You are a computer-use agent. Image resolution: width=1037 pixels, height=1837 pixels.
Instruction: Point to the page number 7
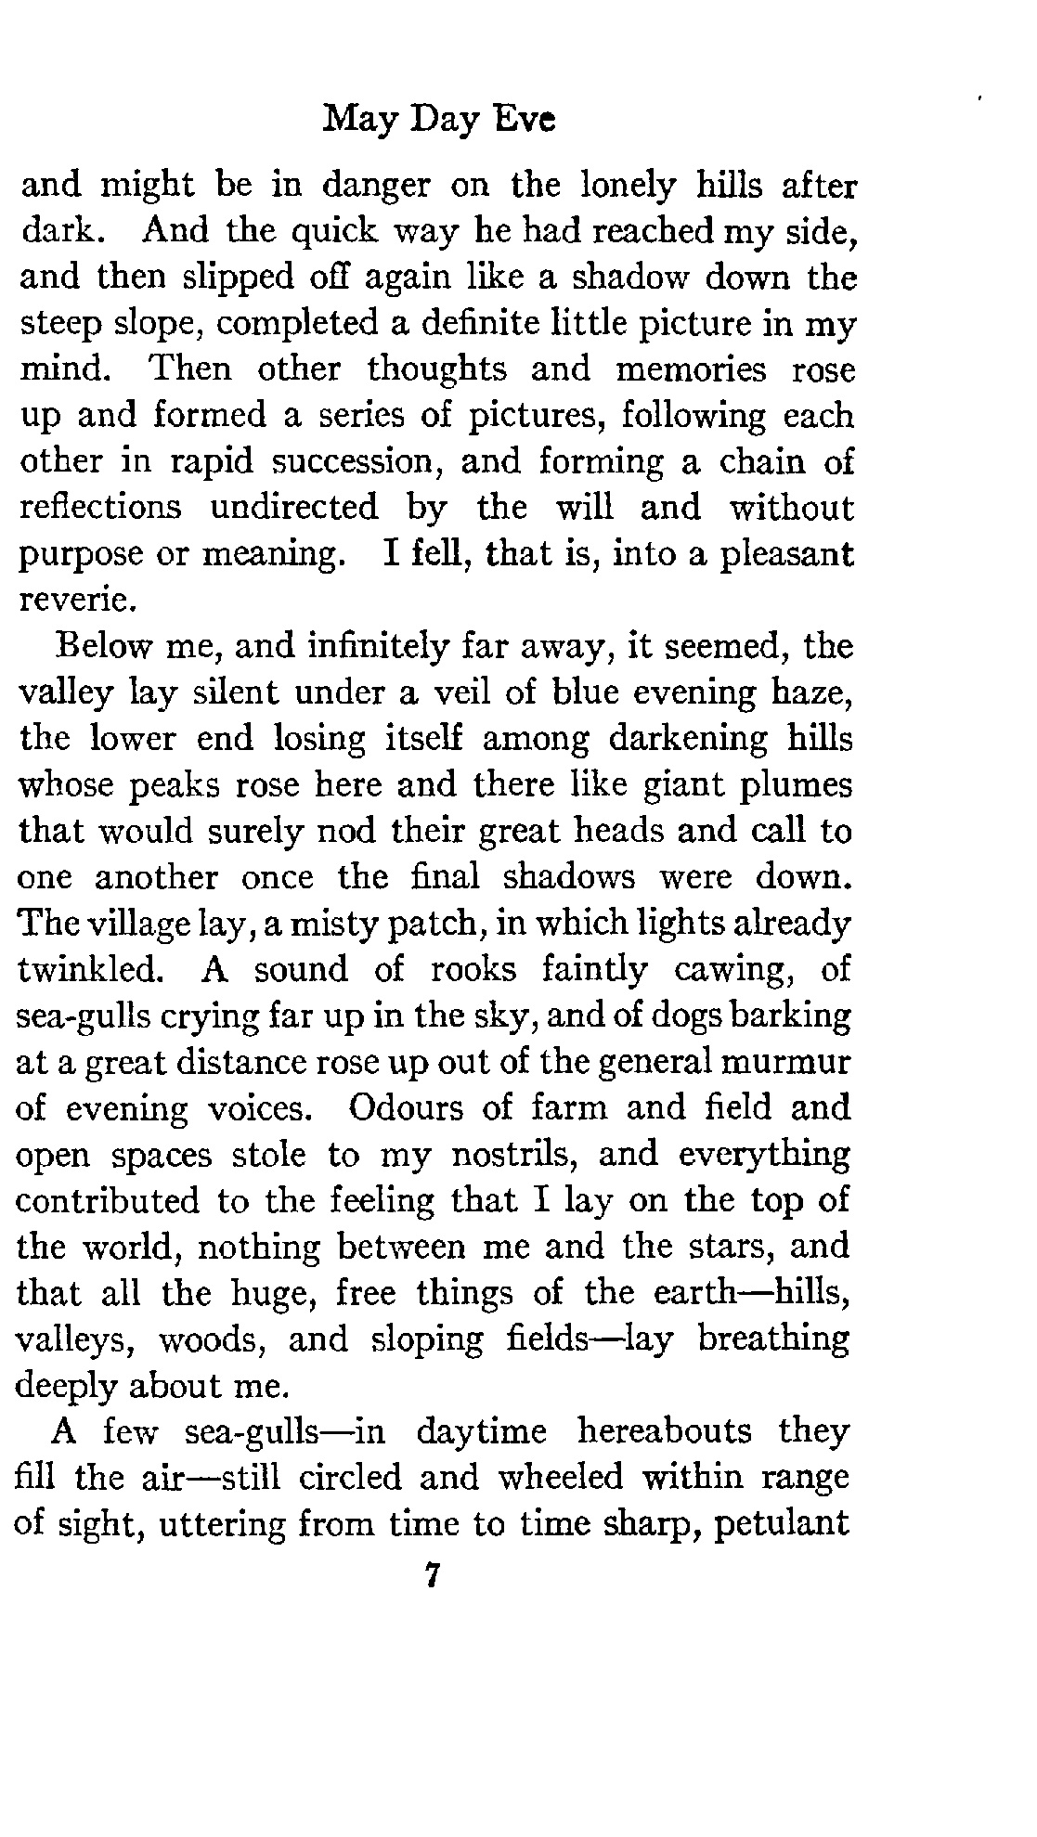click(x=429, y=1575)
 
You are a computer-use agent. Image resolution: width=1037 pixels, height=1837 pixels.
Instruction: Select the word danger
click(x=378, y=186)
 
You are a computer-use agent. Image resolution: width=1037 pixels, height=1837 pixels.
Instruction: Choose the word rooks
click(x=473, y=970)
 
